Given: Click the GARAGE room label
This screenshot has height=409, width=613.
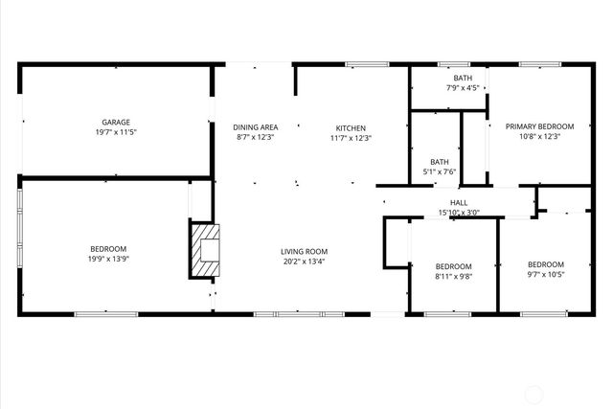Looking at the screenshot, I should (x=116, y=123).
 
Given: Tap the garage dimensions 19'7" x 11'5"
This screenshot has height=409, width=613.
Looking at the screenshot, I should (x=116, y=133).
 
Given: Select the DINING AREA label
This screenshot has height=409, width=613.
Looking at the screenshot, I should (x=255, y=127).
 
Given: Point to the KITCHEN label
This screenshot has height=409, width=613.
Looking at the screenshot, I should (x=350, y=127).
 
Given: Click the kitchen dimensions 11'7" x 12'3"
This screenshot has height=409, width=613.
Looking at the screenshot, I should (x=350, y=138).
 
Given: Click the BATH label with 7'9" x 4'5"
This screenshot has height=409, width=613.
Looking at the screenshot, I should (x=463, y=79).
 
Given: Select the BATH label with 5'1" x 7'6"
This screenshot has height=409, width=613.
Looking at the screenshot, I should (x=440, y=162).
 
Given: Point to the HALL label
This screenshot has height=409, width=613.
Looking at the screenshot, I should (x=459, y=203).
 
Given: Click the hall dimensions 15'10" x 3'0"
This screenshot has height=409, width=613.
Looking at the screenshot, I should (x=459, y=213).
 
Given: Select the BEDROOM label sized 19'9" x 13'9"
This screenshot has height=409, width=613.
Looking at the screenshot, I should (x=108, y=249).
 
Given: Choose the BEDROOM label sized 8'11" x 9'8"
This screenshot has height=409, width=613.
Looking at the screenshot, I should (x=453, y=266).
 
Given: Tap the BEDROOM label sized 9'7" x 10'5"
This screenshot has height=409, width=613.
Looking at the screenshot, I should (x=546, y=264).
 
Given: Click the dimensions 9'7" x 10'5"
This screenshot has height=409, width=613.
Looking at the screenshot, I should (x=546, y=275).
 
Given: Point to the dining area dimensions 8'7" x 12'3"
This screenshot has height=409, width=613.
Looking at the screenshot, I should (x=255, y=138).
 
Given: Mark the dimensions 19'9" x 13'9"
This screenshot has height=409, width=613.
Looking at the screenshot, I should (x=108, y=260).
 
